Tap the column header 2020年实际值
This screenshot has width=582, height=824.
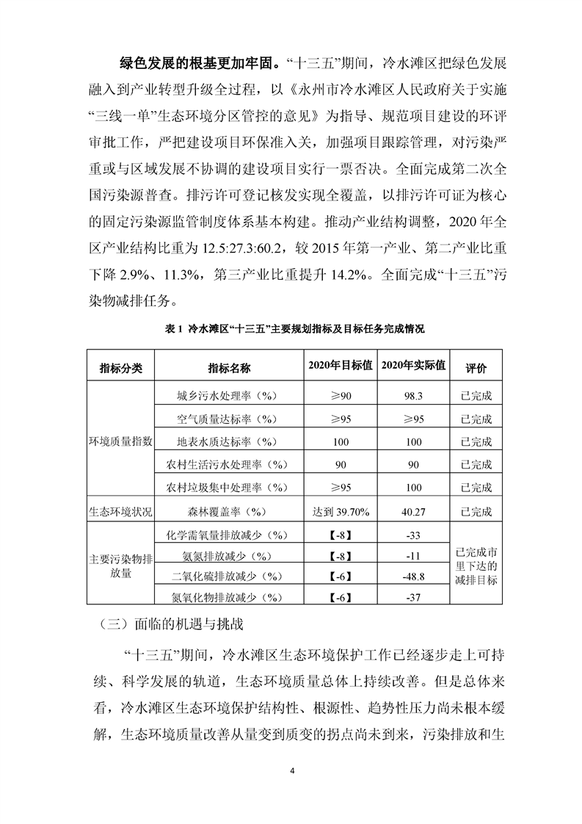[x=415, y=366]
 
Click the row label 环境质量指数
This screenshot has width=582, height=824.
[x=120, y=441]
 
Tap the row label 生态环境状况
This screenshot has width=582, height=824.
[x=120, y=510]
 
